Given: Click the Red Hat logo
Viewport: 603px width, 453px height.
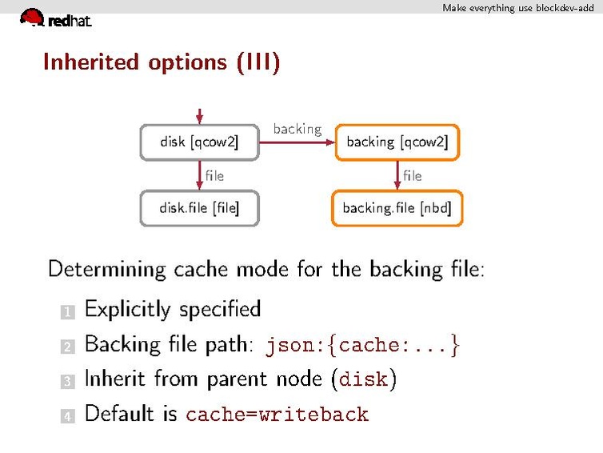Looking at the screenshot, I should (54, 18).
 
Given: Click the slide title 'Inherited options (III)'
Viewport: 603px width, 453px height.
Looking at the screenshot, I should (161, 62).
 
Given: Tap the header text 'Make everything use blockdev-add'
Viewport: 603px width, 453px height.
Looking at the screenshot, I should (518, 7).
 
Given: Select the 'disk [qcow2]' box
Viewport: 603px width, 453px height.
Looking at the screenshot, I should (199, 142).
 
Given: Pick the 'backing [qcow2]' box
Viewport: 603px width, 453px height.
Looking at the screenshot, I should (397, 142).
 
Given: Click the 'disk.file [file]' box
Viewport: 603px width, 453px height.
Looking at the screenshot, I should (199, 208).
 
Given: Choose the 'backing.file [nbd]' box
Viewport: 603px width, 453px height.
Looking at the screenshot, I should (397, 208).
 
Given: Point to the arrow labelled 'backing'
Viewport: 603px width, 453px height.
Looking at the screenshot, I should (297, 142).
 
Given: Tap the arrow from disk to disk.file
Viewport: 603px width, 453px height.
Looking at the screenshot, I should (199, 174).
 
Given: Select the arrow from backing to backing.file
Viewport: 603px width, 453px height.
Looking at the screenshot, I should (397, 174).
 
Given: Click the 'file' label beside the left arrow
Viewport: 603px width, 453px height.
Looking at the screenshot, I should (214, 175).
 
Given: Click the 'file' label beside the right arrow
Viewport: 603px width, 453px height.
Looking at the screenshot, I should (413, 175).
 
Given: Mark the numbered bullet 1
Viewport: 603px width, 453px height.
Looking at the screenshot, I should (67, 311).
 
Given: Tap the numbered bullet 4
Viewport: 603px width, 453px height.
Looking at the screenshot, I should (67, 416).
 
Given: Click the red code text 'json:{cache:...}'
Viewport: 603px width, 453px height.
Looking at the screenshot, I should (363, 346).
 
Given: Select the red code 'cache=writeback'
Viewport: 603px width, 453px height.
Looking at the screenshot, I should (277, 415).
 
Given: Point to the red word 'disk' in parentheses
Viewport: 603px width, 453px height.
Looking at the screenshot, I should (363, 379).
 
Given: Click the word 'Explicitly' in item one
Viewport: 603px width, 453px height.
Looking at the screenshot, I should (128, 309).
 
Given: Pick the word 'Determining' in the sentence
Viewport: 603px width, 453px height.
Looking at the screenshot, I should (107, 269).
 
